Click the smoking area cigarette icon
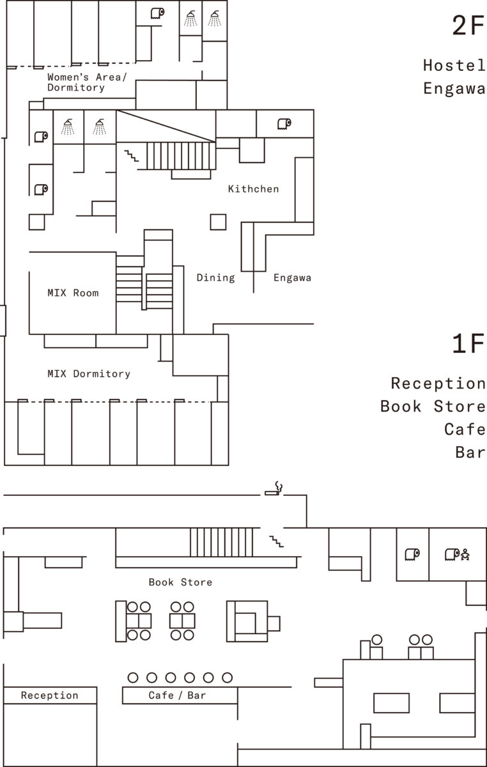click(274, 489)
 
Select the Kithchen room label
click(253, 189)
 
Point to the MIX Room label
click(73, 293)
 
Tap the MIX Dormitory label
click(88, 373)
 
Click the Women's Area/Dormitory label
click(87, 82)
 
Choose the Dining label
click(215, 277)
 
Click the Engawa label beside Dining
click(292, 277)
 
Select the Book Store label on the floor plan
click(180, 582)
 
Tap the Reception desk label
click(49, 695)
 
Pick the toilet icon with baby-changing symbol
click(457, 554)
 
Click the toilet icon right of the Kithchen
click(284, 123)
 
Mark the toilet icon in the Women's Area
click(157, 13)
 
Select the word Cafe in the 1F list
click(465, 429)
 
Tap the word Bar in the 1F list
click(470, 452)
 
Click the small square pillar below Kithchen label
click(219, 222)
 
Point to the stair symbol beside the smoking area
click(275, 541)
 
